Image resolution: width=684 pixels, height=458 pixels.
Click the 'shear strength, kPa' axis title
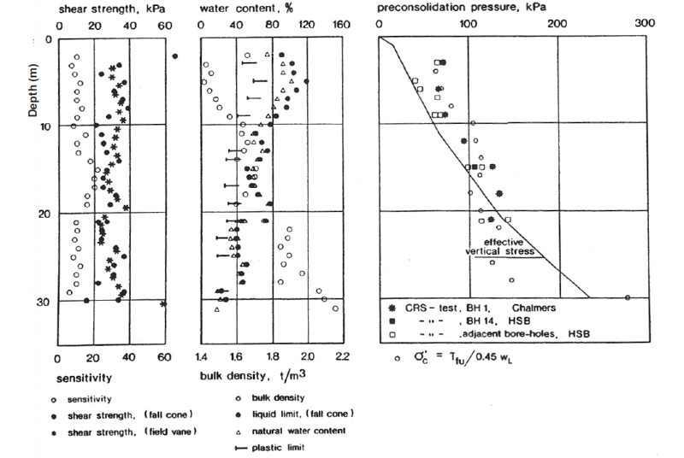112,9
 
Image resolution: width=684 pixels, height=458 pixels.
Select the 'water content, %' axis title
246,9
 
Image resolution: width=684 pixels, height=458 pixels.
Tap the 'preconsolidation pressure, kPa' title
462,8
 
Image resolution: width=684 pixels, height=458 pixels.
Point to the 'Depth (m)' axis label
32,91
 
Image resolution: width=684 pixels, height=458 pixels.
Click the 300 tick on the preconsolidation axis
645,23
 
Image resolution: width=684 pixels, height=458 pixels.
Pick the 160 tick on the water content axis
340,25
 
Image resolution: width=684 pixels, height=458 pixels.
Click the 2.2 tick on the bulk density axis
343,357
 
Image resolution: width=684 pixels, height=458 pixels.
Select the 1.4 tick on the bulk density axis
201,357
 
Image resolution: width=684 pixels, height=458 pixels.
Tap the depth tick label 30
44,302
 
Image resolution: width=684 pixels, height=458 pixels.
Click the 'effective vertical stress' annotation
500,247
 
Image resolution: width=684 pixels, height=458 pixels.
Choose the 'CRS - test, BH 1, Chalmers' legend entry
473,308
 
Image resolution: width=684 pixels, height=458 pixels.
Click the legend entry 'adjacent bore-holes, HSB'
489,334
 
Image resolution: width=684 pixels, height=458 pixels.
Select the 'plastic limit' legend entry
270,448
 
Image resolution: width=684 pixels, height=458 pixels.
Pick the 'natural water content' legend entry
291,431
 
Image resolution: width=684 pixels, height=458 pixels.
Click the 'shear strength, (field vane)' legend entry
124,432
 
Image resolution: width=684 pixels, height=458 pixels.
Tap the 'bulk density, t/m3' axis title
252,376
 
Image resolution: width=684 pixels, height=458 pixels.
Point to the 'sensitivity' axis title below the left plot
84,378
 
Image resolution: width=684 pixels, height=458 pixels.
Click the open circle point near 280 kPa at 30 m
628,297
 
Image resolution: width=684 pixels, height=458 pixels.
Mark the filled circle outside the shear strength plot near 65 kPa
175,56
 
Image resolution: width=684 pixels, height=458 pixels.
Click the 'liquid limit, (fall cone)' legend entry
295,414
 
